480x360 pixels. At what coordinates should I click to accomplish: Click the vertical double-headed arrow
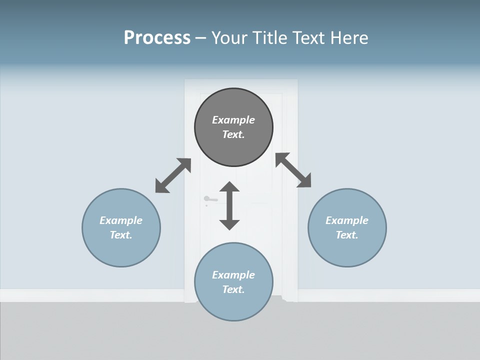(x=229, y=205)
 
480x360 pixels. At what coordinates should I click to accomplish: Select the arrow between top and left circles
(x=173, y=175)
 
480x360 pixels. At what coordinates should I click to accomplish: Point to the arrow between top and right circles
(x=293, y=170)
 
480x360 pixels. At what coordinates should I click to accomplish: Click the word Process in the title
(x=157, y=38)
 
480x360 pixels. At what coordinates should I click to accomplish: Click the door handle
(x=210, y=199)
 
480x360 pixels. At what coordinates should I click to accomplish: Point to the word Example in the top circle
(x=233, y=120)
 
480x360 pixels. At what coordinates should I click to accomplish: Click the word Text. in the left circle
(x=121, y=235)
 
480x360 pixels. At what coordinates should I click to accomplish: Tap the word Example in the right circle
(x=347, y=220)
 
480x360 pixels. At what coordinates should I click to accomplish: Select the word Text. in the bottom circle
(x=233, y=289)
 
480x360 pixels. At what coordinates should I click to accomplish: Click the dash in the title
(x=200, y=38)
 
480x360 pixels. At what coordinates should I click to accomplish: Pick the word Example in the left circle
(x=121, y=220)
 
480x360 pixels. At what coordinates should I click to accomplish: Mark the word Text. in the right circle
(x=347, y=235)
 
